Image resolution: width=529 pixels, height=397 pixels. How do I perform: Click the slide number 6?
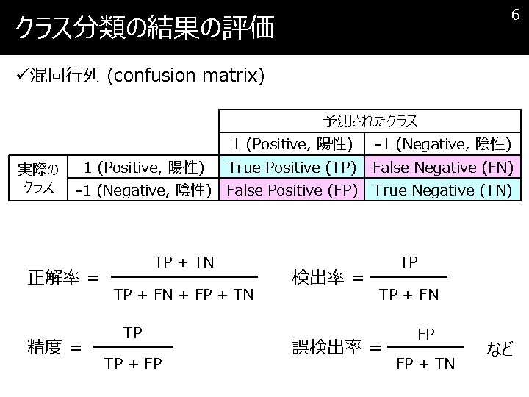pyautogui.click(x=516, y=15)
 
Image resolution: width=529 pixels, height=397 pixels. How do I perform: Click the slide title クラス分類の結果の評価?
pyautogui.click(x=145, y=29)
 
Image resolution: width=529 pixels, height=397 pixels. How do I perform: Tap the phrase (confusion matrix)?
pyautogui.click(x=185, y=76)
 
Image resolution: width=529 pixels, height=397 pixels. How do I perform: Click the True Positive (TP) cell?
pyautogui.click(x=292, y=168)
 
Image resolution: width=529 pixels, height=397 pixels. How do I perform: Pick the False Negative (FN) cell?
pyautogui.click(x=443, y=168)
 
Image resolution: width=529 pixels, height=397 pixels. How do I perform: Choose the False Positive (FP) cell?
pyautogui.click(x=292, y=190)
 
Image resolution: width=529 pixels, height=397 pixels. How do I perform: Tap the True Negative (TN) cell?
pyautogui.click(x=443, y=190)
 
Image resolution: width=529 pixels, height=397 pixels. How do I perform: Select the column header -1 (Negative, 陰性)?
pyautogui.click(x=443, y=143)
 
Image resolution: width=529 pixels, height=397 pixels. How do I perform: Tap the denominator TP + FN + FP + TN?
pyautogui.click(x=184, y=295)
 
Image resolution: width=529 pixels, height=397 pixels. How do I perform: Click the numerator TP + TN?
pyautogui.click(x=184, y=261)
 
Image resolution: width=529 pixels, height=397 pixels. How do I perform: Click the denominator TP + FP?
pyautogui.click(x=133, y=362)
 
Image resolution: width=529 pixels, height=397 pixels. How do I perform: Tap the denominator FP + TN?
pyautogui.click(x=425, y=362)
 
